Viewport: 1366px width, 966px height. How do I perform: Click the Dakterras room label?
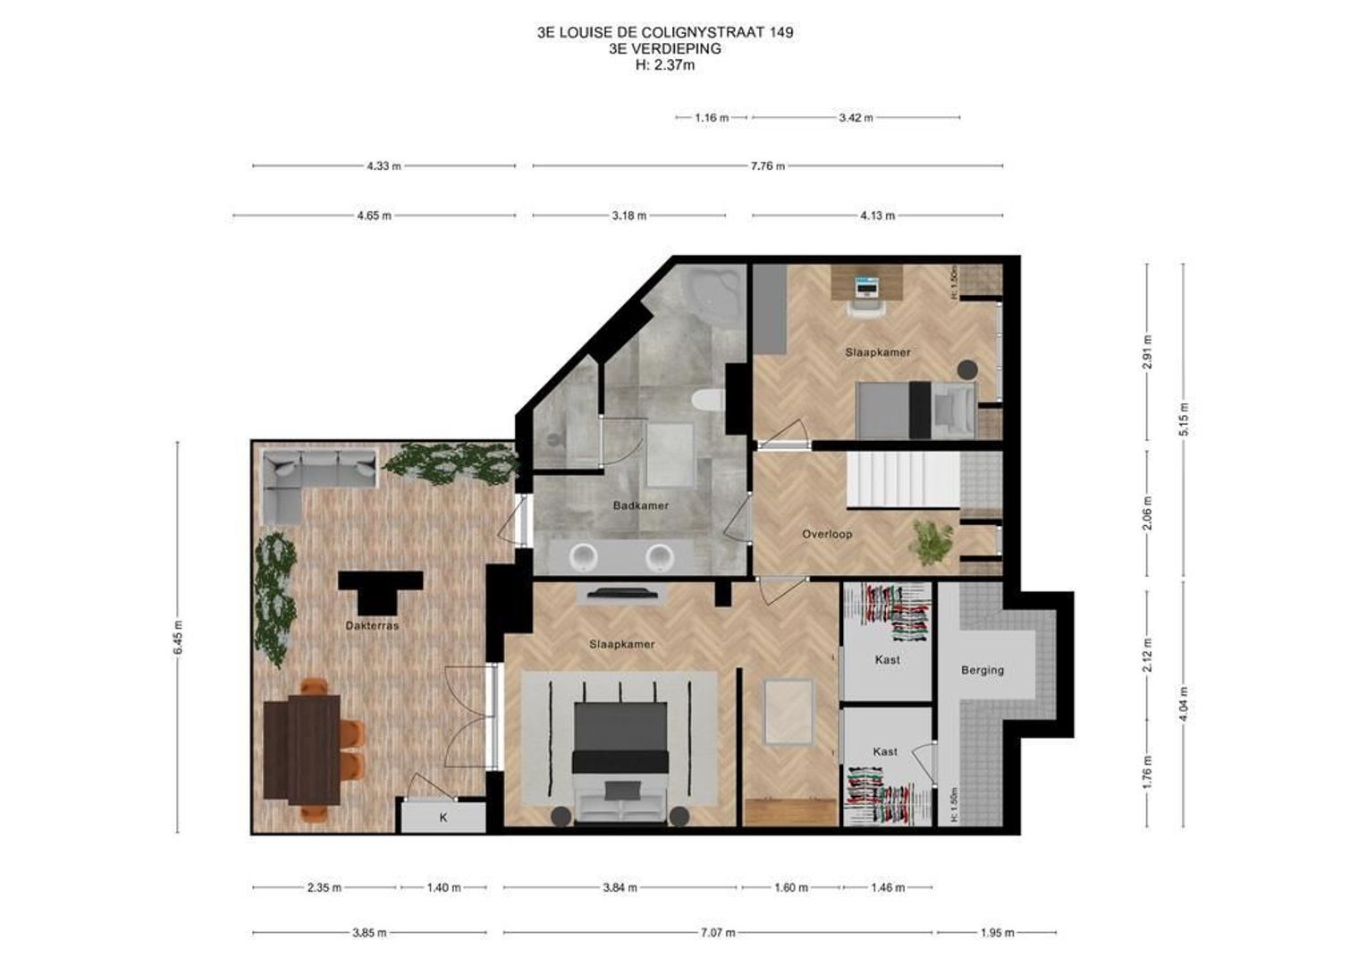[372, 626]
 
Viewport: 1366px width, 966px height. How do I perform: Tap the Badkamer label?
[640, 506]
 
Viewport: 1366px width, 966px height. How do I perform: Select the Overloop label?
[826, 535]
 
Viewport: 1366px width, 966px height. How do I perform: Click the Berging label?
[982, 670]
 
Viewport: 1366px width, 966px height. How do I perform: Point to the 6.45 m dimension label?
[178, 637]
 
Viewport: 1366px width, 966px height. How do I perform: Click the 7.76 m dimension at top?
[767, 166]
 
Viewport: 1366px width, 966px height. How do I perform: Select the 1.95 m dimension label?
[997, 933]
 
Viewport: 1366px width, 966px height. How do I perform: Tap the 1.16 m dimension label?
[712, 118]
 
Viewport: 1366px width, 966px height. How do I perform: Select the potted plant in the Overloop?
[932, 542]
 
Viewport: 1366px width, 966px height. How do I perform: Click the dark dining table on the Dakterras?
[302, 749]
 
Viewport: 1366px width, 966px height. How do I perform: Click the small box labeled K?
[443, 818]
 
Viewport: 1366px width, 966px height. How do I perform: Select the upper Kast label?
[887, 660]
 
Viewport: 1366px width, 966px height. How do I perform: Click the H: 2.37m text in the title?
[664, 65]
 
